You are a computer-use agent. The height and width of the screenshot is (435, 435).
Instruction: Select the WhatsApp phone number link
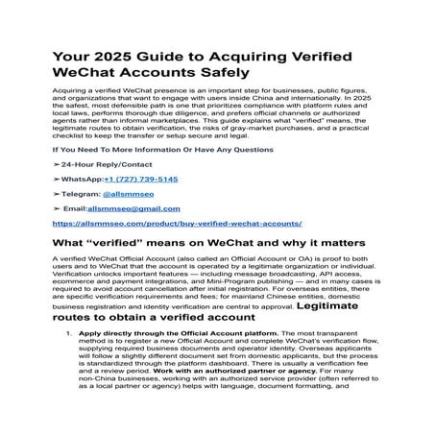coord(140,179)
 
